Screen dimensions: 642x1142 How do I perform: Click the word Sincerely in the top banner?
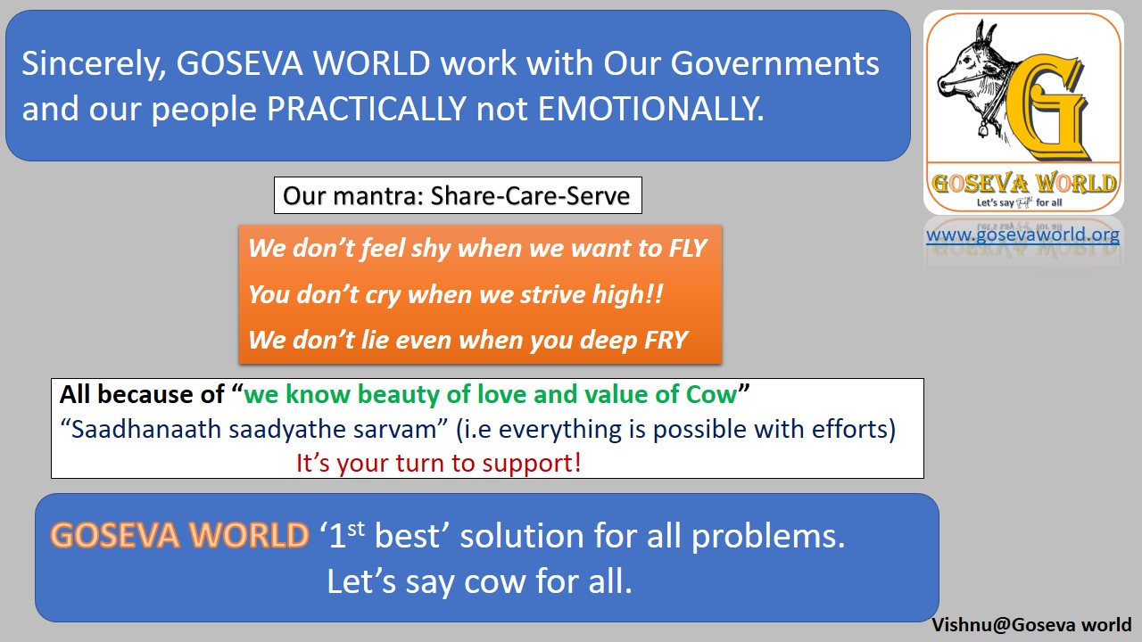click(91, 63)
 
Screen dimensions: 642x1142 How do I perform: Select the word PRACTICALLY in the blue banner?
click(367, 109)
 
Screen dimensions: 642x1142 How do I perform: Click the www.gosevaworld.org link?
click(1022, 235)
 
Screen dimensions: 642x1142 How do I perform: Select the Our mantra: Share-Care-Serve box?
click(457, 195)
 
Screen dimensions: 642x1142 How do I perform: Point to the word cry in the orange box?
click(384, 293)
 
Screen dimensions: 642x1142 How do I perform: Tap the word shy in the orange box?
click(431, 247)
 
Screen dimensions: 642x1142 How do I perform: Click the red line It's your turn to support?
click(439, 463)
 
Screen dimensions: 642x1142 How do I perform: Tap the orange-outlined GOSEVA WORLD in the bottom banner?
click(179, 535)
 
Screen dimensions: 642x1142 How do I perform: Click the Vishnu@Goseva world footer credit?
click(1031, 624)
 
